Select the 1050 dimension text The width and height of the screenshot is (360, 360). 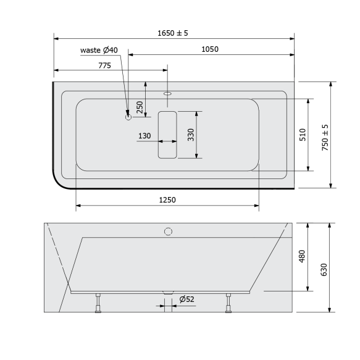point(209,49)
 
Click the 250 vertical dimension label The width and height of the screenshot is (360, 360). point(140,107)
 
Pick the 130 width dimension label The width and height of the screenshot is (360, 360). point(144,136)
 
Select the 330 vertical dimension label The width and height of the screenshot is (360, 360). point(191,135)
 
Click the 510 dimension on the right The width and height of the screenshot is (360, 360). point(303,135)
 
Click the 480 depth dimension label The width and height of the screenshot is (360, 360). point(303,256)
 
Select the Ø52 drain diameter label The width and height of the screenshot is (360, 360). point(187,299)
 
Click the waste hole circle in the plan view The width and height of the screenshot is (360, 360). point(128,116)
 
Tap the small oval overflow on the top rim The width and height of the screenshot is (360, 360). point(167,94)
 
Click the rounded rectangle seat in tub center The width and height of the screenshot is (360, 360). point(167,134)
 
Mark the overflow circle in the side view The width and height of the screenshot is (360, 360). point(167,232)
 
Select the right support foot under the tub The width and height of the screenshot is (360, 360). point(230,304)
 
